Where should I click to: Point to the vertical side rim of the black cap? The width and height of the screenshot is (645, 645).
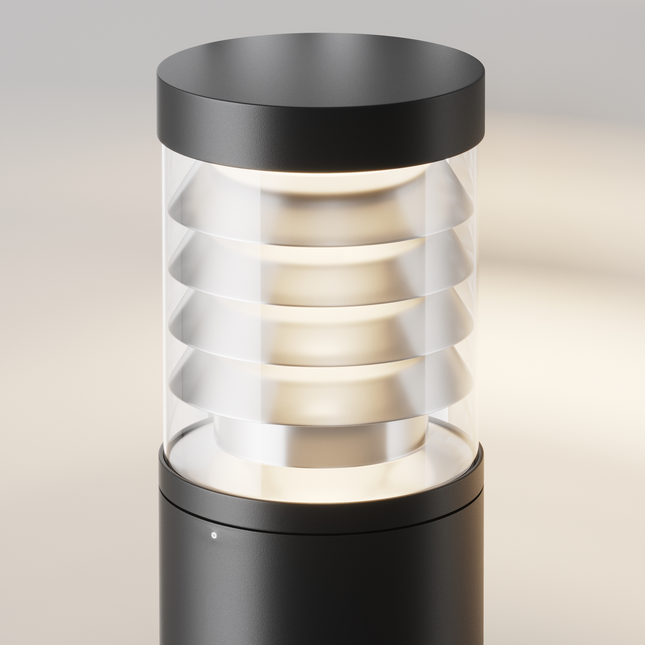321,134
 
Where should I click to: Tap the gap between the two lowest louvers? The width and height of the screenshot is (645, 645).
321,362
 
